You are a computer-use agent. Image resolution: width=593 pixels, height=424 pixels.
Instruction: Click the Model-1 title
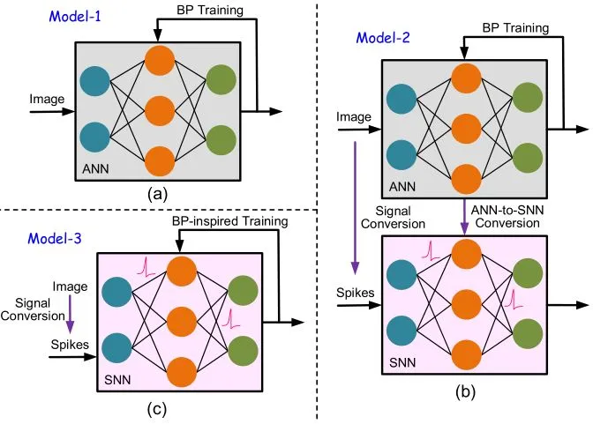click(x=75, y=17)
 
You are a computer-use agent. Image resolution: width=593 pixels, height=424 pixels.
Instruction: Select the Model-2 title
click(x=383, y=38)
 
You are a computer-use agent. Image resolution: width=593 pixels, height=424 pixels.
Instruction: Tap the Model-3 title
click(x=55, y=239)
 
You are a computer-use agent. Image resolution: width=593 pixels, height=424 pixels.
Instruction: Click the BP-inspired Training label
click(x=230, y=221)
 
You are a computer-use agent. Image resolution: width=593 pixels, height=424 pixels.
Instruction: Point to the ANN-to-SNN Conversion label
click(x=507, y=217)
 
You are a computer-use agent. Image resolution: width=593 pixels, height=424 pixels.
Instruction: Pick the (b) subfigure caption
click(x=465, y=392)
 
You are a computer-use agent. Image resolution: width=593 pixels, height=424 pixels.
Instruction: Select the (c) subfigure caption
click(x=157, y=410)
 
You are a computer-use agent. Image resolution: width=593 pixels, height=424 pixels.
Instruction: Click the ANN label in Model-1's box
click(x=95, y=168)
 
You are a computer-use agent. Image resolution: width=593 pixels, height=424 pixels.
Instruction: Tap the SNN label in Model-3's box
click(x=117, y=380)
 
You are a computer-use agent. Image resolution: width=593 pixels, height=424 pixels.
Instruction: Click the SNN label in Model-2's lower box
click(x=402, y=363)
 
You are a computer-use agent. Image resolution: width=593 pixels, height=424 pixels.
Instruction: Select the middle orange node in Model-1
click(x=160, y=111)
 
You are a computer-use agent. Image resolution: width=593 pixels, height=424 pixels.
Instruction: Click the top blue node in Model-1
click(x=95, y=81)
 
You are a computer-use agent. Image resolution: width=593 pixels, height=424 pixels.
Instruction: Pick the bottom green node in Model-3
click(x=244, y=351)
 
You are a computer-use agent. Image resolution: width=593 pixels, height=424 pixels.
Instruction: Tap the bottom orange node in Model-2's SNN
click(x=466, y=354)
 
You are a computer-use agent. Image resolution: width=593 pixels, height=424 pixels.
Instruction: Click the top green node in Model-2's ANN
click(x=528, y=98)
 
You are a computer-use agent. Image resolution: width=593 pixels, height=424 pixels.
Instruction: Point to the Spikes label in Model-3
click(x=70, y=345)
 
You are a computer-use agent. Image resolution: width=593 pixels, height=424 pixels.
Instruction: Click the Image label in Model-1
click(x=47, y=100)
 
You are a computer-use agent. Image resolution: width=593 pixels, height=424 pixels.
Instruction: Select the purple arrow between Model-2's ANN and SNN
click(x=464, y=217)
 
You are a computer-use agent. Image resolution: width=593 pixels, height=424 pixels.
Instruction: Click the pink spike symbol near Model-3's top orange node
click(x=146, y=266)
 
